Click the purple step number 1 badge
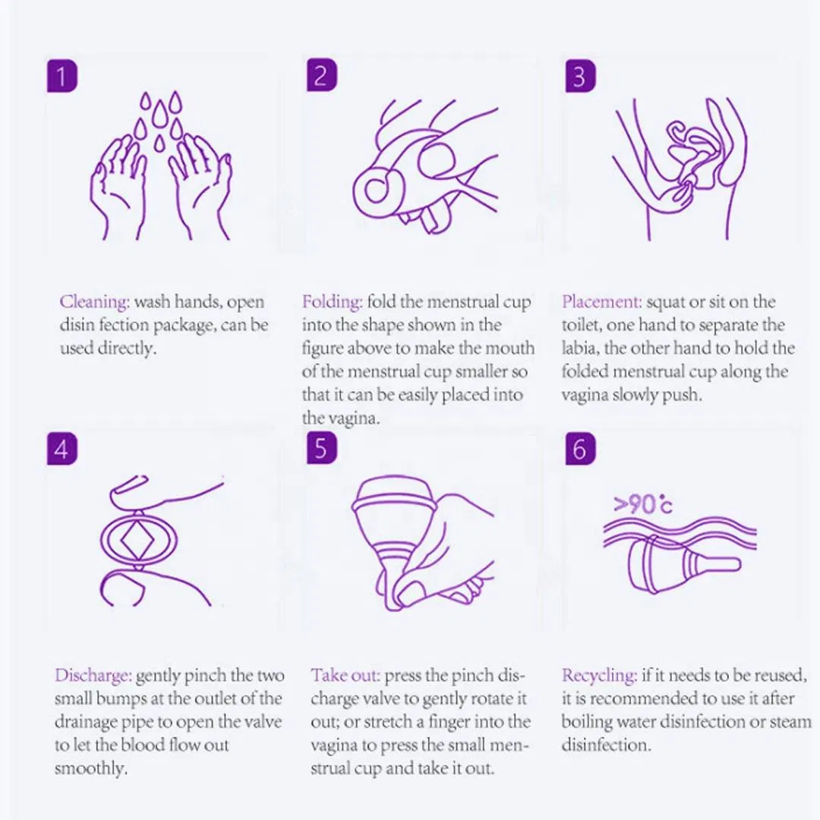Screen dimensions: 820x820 61,77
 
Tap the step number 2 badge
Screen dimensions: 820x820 321,77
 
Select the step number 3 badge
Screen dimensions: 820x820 579,77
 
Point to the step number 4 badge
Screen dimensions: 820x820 61,449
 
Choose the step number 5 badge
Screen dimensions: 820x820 321,449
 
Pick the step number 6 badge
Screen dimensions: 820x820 579,449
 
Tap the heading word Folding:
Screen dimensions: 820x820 333,302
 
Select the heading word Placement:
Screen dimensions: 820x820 602,302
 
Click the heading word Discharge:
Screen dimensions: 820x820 94,676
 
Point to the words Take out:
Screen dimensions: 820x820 345,676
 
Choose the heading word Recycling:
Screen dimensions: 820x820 599,676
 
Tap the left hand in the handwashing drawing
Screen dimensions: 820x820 121,186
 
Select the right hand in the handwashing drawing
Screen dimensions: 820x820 200,186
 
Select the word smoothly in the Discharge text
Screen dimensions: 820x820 90,768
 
